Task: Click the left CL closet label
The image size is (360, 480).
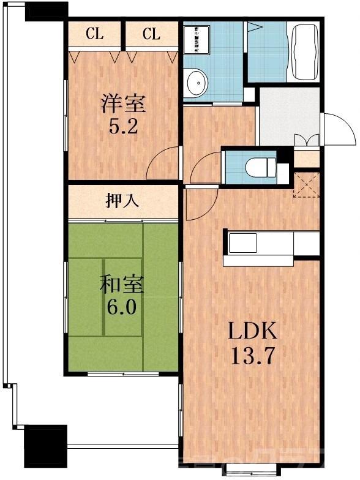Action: pyautogui.click(x=94, y=34)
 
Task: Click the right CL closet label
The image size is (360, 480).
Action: pyautogui.click(x=151, y=34)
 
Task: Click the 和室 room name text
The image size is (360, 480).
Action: pyautogui.click(x=122, y=285)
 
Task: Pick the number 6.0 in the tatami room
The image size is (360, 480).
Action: pyautogui.click(x=122, y=307)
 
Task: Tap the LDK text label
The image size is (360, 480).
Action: pyautogui.click(x=253, y=332)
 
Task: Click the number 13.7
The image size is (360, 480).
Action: pyautogui.click(x=253, y=355)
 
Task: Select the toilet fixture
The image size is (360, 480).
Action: pyautogui.click(x=255, y=166)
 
